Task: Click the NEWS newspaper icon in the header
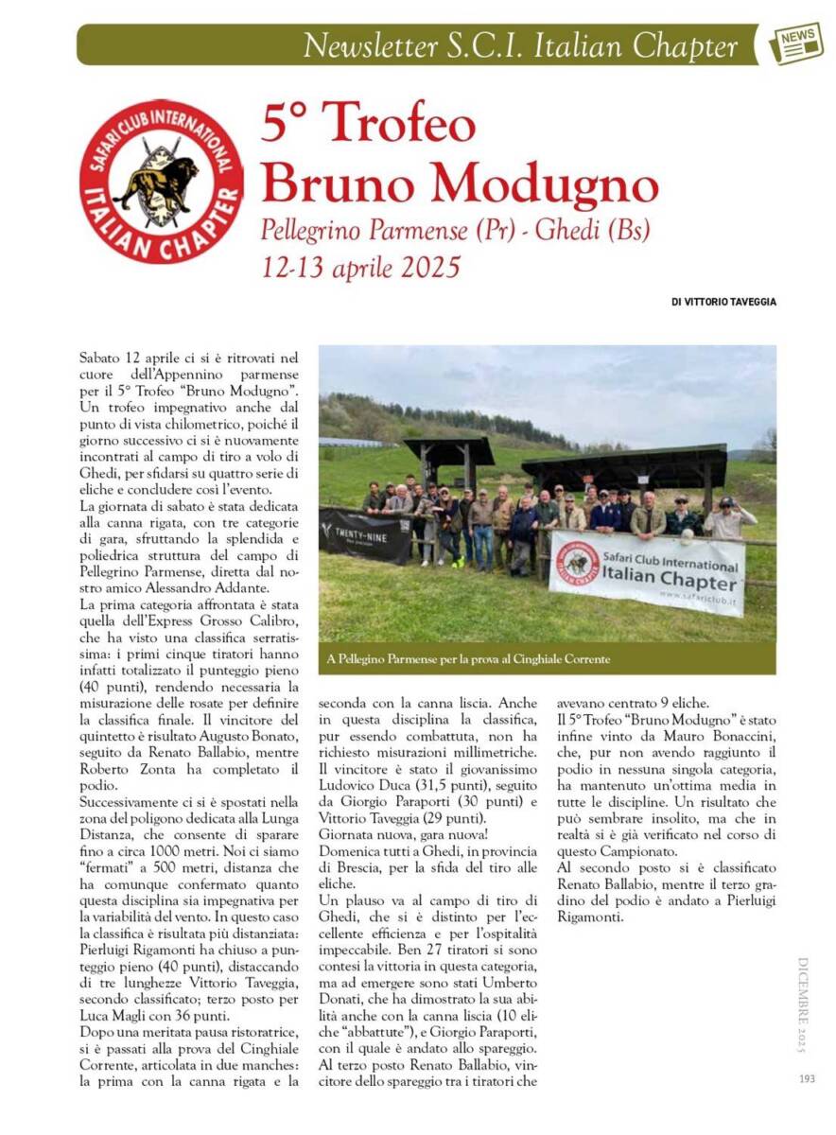pos(796,44)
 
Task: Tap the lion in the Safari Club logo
pos(157,181)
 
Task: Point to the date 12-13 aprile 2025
pos(361,267)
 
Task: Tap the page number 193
pos(806,1077)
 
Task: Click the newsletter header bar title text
pos(519,45)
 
